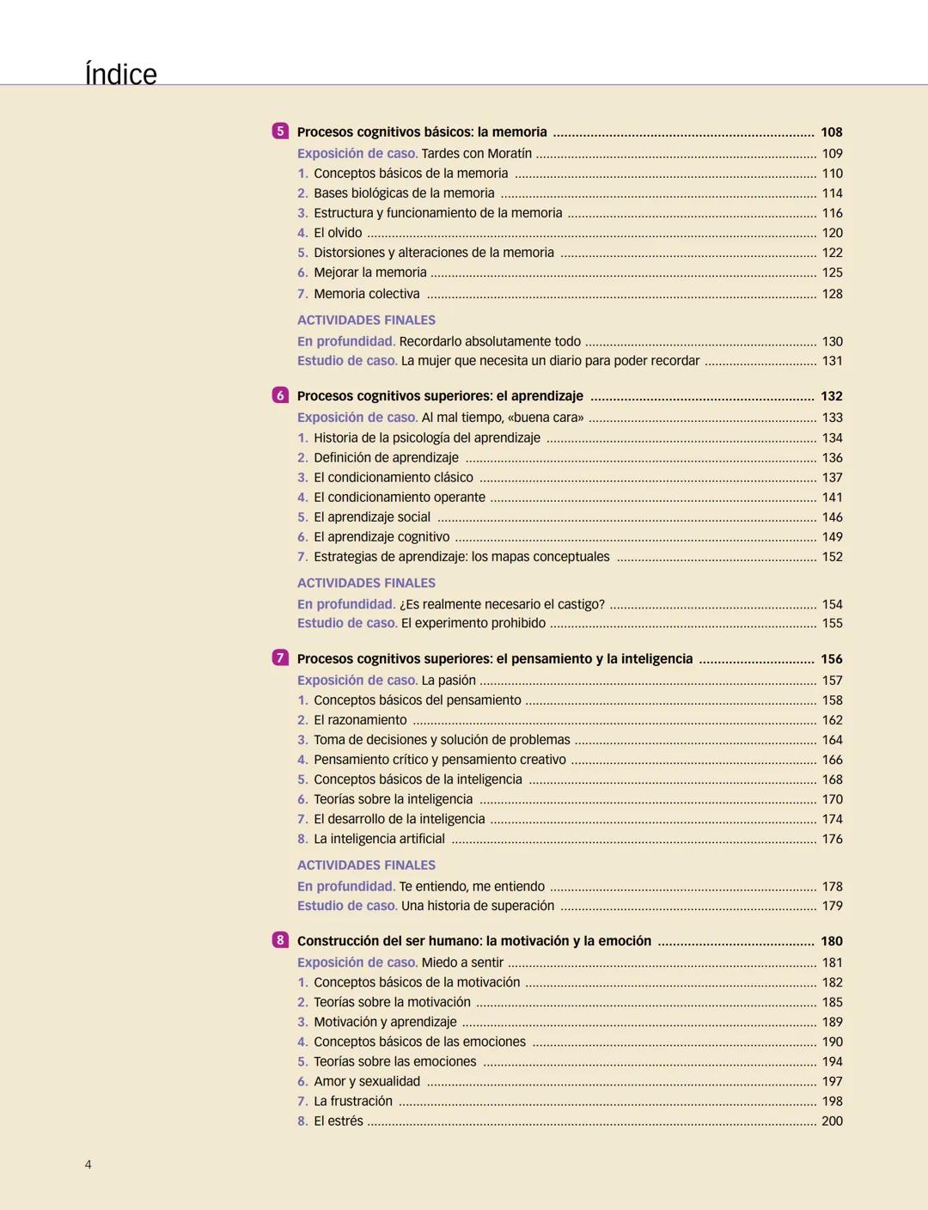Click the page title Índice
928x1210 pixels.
[x=121, y=75]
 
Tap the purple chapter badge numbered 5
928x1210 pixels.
[x=280, y=131]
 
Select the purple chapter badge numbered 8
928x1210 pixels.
[x=280, y=940]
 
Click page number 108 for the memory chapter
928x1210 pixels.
[x=831, y=132]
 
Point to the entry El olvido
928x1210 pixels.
[x=338, y=233]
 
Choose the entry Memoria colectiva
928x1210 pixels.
[x=366, y=294]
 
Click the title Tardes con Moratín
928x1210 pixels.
[x=476, y=154]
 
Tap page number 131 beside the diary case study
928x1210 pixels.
[x=832, y=361]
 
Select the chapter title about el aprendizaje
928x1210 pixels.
[x=440, y=396]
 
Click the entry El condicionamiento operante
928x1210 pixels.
[x=399, y=498]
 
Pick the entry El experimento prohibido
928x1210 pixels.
[x=473, y=623]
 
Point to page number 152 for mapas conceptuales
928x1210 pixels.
[x=832, y=557]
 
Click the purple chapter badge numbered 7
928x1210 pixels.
[x=280, y=658]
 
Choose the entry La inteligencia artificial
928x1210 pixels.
[x=379, y=839]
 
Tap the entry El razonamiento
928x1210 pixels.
[x=360, y=720]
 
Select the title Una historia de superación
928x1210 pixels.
[x=477, y=906]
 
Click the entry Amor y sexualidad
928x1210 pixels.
[x=366, y=1081]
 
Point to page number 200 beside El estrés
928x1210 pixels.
[x=832, y=1121]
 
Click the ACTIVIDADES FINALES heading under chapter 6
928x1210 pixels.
[x=366, y=583]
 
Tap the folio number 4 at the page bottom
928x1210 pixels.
[x=88, y=1164]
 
